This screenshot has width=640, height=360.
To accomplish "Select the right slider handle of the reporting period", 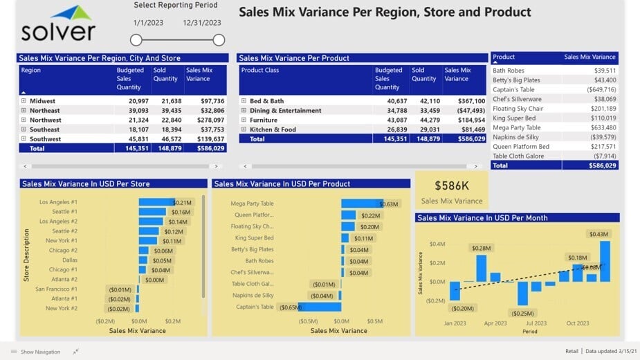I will pos(219,40).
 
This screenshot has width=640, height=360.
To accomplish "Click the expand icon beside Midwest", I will pos(24,101).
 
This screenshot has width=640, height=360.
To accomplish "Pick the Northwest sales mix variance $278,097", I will pos(208,120).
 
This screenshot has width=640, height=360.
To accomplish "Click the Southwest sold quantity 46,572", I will pos(165,139).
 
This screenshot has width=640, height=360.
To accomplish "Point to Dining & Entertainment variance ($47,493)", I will pos(470,111).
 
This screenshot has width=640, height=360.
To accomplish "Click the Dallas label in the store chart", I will pos(69,260).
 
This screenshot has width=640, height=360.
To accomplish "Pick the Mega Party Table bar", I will pos(360,204).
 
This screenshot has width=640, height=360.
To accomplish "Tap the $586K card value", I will pos(452,186).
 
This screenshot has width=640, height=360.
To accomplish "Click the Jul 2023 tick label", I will pos(536,323).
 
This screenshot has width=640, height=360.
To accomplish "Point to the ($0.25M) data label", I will pos(523,313).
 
